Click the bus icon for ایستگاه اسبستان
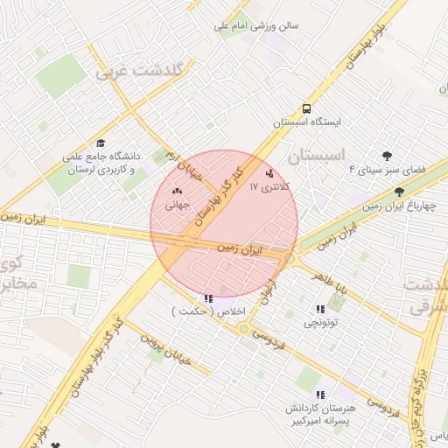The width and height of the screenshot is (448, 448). tap(306, 108)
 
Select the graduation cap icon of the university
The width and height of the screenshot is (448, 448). tap(101, 143)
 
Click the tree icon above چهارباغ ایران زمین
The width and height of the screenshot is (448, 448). tap(399, 192)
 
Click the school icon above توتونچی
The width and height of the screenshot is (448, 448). tap(319, 308)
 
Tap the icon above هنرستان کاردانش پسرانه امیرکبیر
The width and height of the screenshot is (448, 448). tap(320, 395)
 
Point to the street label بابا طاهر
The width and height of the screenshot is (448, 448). tap(332, 284)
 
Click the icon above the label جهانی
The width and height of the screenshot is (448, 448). tap(178, 192)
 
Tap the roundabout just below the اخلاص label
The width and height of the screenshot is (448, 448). tap(243, 329)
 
